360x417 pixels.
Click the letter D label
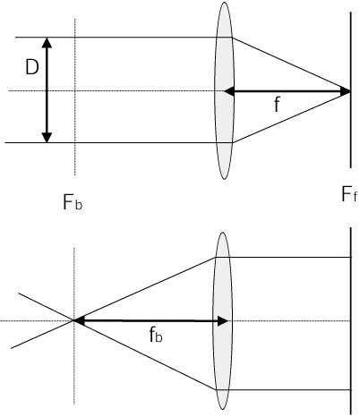click(x=32, y=67)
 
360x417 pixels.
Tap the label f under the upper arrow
click(x=278, y=104)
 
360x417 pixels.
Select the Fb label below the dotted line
click(x=73, y=202)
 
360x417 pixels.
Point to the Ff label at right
click(x=348, y=194)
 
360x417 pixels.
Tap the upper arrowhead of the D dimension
click(x=47, y=43)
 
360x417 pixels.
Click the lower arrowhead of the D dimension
click(x=47, y=137)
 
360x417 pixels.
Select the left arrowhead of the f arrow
click(x=229, y=91)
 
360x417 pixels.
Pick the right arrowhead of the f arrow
click(x=345, y=91)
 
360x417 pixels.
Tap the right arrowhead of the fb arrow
click(x=223, y=321)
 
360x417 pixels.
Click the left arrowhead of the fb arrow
click(x=79, y=320)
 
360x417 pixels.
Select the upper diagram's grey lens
click(x=224, y=90)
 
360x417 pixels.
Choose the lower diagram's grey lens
click(x=222, y=321)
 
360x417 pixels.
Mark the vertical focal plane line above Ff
click(x=351, y=89)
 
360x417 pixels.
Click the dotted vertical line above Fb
click(x=75, y=97)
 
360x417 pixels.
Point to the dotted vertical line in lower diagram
click(x=74, y=326)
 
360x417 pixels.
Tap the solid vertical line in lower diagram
click(x=351, y=321)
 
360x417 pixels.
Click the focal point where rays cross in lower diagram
click(x=73, y=320)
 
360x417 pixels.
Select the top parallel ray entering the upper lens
click(x=124, y=38)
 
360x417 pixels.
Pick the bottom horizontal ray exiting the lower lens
click(x=284, y=389)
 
